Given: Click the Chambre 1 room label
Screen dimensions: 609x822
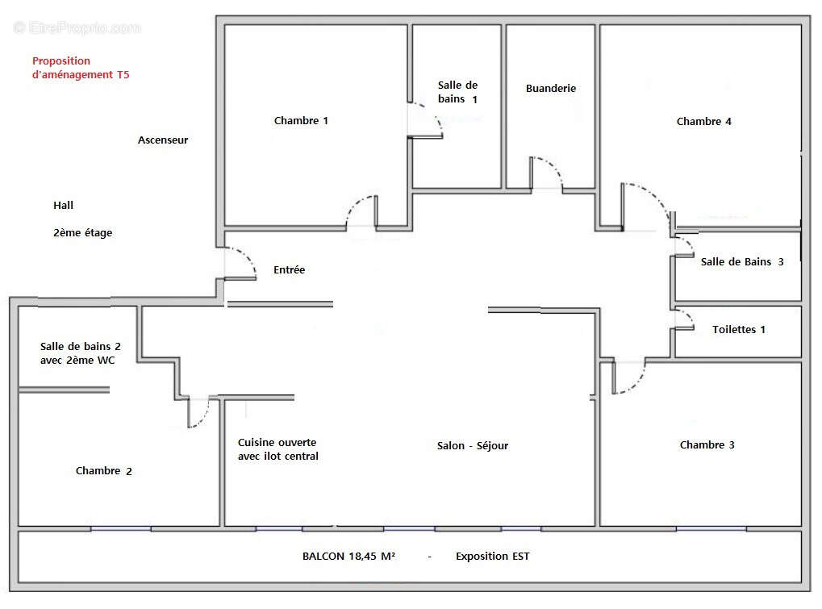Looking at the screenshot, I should click(x=301, y=121).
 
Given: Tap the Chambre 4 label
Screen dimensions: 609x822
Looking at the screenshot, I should click(x=703, y=122).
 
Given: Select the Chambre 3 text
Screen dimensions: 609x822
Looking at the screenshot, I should click(x=707, y=444).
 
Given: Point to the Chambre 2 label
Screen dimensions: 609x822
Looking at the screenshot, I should click(x=103, y=471).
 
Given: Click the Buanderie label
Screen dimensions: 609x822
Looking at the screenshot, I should click(x=550, y=89).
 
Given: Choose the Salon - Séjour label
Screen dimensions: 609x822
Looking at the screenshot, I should click(x=473, y=446).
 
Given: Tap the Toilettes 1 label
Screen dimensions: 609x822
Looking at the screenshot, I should click(x=739, y=329).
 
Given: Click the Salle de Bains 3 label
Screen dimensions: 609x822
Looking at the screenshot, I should click(x=741, y=261).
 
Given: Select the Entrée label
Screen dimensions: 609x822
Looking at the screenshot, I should click(x=289, y=270).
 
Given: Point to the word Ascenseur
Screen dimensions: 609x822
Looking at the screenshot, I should click(x=163, y=140).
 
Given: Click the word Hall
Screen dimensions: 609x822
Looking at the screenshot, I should click(x=64, y=206).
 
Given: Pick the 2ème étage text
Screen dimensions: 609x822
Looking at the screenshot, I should click(x=83, y=233).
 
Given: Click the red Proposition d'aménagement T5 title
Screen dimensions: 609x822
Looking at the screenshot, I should click(x=80, y=68).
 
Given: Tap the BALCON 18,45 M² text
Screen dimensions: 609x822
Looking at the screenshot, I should click(x=348, y=557).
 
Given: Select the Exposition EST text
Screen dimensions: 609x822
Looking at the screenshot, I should click(x=492, y=557).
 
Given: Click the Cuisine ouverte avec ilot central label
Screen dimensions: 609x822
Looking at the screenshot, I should click(x=277, y=449).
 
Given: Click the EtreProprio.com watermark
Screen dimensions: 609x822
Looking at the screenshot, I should click(x=77, y=28).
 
